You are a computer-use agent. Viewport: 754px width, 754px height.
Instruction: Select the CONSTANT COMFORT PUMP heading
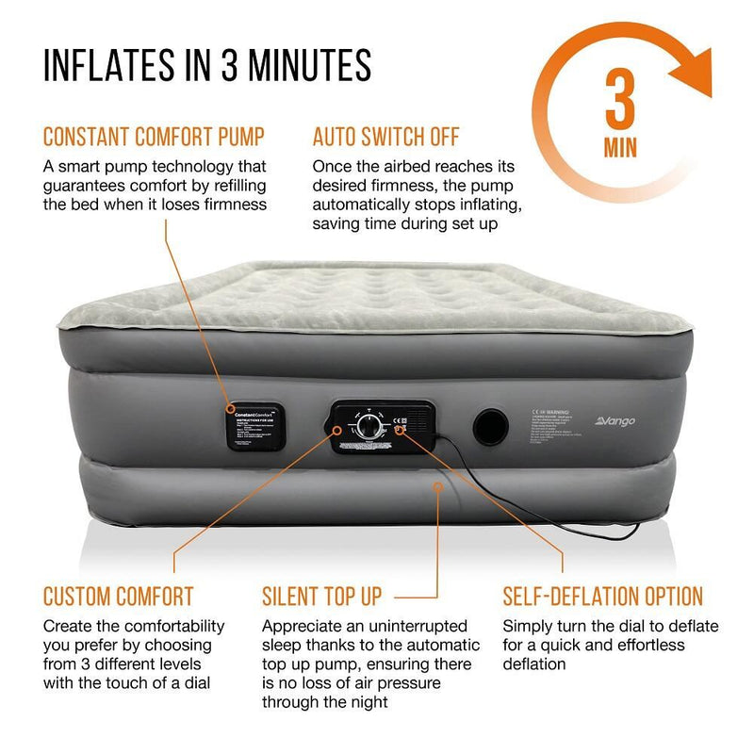(154, 138)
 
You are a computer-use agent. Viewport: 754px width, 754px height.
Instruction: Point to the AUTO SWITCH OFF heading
(385, 138)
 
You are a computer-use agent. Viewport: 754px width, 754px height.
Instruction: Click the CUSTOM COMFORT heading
(118, 596)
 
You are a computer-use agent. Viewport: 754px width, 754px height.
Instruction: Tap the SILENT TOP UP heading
(322, 596)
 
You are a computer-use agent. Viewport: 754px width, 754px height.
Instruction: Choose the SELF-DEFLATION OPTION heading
(603, 596)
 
